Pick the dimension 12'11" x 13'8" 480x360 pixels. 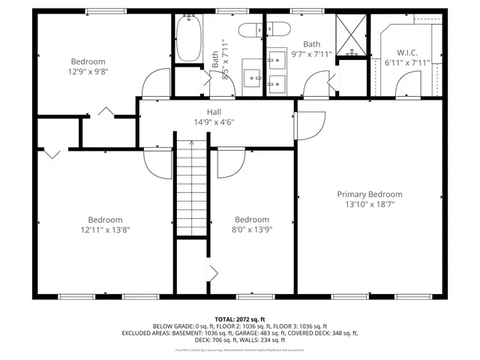point(104,229)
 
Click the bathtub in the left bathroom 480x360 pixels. point(187,38)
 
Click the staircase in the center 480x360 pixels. point(192,187)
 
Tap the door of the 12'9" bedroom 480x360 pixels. point(156,82)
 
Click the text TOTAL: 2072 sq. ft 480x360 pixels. point(239,319)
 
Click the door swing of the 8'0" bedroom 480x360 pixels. point(231,163)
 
